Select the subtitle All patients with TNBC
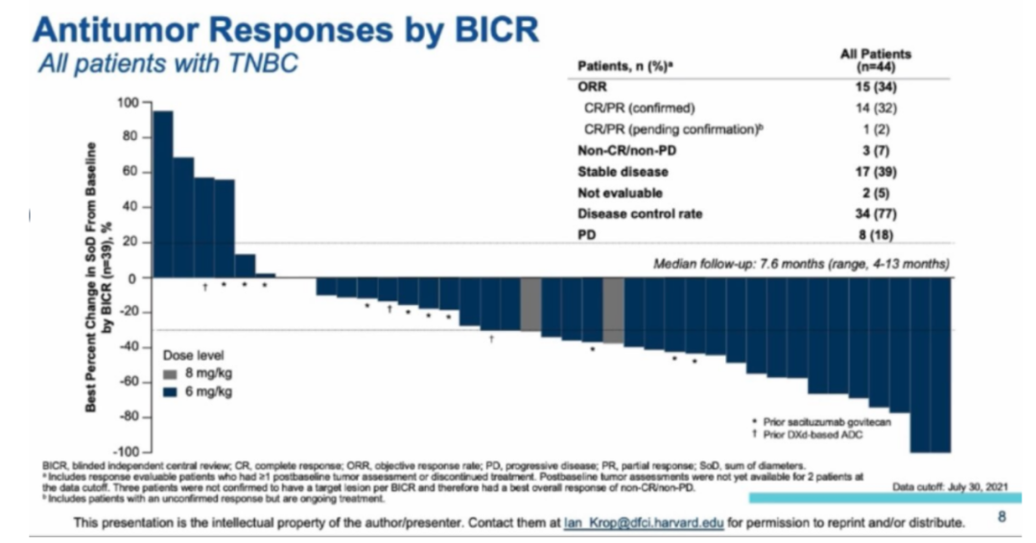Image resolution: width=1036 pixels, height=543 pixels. [167, 64]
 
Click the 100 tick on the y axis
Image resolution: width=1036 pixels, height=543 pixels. [128, 103]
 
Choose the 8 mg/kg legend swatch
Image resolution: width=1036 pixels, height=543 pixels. [170, 374]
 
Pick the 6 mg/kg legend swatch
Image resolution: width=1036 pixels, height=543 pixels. [170, 391]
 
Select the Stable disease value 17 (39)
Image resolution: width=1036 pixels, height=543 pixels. [875, 172]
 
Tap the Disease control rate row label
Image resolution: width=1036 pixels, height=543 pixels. [640, 213]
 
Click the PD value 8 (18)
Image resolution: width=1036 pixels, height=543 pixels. [875, 233]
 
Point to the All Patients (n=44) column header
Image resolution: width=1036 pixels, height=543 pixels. [875, 60]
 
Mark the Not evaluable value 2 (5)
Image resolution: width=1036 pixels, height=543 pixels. [875, 192]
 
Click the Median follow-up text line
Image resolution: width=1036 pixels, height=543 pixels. [801, 263]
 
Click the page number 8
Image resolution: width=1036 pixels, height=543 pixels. [1001, 517]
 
